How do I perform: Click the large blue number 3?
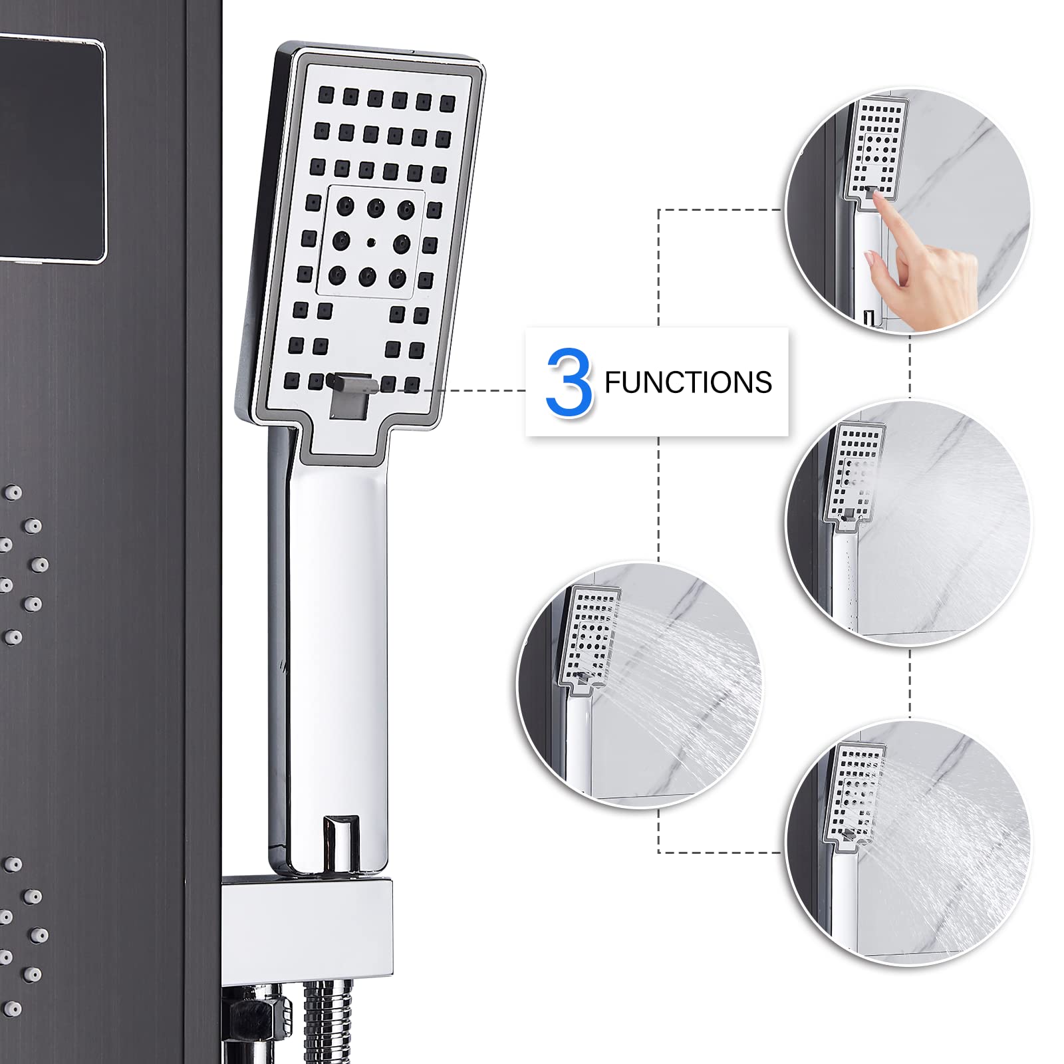(x=569, y=382)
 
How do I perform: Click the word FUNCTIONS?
(x=688, y=383)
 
